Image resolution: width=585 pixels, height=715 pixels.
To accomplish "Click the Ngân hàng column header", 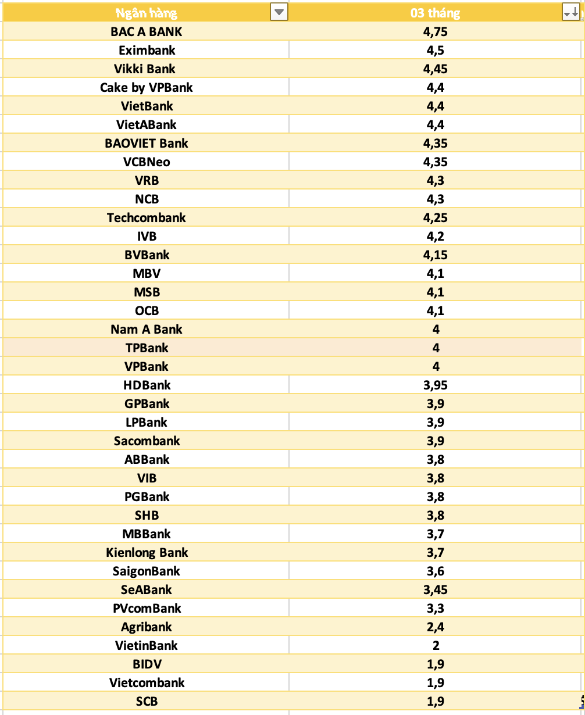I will [147, 13].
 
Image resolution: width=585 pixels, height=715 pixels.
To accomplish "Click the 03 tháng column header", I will [435, 13].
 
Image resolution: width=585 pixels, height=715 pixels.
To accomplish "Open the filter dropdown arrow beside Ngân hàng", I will [279, 12].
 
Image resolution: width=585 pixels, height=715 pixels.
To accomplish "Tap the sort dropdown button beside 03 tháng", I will [570, 12].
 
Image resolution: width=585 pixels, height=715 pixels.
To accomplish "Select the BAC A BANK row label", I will [147, 31].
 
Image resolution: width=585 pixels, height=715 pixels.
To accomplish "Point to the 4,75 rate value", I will [436, 31].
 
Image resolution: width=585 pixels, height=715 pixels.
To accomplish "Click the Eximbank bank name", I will [147, 50].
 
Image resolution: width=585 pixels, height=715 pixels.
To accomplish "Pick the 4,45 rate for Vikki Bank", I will [436, 69].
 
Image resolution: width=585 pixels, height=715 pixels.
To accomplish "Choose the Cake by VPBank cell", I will [147, 87].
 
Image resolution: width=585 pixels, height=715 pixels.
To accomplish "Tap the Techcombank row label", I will [147, 217].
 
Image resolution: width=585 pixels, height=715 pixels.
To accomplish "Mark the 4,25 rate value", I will [436, 217].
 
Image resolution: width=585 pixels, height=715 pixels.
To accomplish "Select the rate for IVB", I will [436, 236].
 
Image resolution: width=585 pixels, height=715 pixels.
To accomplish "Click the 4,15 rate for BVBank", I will [436, 255].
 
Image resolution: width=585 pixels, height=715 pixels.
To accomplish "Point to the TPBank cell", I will [147, 348].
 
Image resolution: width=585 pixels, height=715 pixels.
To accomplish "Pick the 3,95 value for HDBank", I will [436, 385].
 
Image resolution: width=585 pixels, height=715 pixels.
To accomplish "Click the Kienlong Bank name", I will [147, 552].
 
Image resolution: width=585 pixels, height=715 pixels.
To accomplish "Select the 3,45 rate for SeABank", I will [436, 589].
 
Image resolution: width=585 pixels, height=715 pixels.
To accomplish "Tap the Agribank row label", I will [147, 627].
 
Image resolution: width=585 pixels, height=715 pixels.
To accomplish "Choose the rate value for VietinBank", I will [436, 645].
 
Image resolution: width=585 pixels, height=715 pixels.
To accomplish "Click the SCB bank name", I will [147, 701].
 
